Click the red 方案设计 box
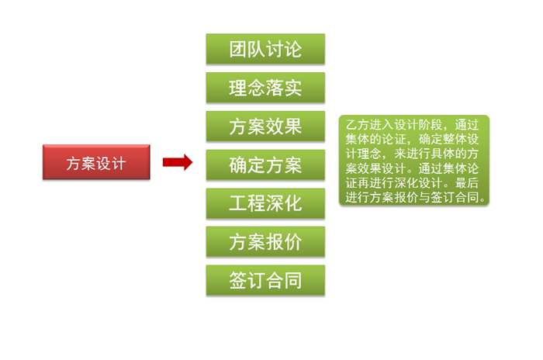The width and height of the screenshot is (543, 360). pyautogui.click(x=95, y=163)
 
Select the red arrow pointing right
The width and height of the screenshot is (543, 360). pyautogui.click(x=177, y=162)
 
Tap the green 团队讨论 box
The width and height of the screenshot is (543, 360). pyautogui.click(x=265, y=50)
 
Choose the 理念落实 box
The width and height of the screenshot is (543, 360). pyautogui.click(x=265, y=88)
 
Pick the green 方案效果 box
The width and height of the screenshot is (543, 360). pyautogui.click(x=265, y=126)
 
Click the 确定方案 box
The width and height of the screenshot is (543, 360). pyautogui.click(x=265, y=164)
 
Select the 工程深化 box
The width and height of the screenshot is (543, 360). pyautogui.click(x=265, y=203)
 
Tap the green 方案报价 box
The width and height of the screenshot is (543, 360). pyautogui.click(x=265, y=242)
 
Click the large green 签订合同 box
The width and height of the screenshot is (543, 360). pyautogui.click(x=265, y=280)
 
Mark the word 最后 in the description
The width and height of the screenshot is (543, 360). pyautogui.click(x=467, y=184)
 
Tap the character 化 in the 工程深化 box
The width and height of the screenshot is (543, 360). pyautogui.click(x=292, y=203)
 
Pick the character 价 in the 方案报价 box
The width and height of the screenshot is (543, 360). pyautogui.click(x=292, y=242)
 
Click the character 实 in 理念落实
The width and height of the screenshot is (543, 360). pyautogui.click(x=292, y=88)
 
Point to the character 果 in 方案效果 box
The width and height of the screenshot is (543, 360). pyautogui.click(x=292, y=126)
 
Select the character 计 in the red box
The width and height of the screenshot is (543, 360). pyautogui.click(x=118, y=163)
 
